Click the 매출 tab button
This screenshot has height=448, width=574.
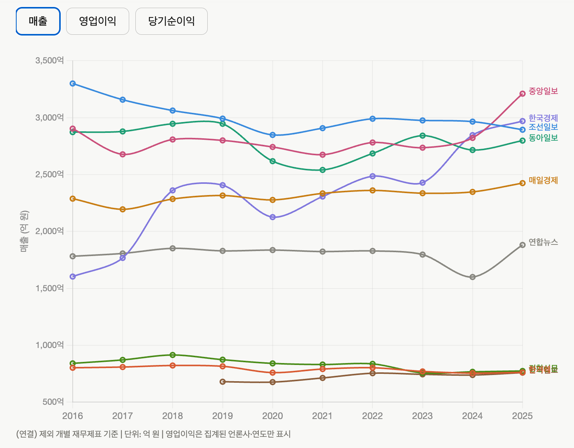(38, 21)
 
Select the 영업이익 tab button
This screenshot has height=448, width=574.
(97, 21)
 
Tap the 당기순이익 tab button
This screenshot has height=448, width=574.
(171, 21)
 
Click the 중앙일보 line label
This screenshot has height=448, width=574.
(543, 91)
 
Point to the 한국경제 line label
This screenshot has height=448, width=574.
(543, 118)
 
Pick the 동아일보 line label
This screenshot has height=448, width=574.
(543, 138)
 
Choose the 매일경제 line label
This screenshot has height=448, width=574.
(543, 180)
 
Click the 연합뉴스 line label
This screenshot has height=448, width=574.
(543, 242)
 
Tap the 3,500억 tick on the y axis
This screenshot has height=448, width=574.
(49, 61)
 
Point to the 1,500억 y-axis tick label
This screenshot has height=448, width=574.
(49, 288)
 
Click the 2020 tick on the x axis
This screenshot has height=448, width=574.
(272, 416)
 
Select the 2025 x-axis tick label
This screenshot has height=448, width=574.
(522, 416)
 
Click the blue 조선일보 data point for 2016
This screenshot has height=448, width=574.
(73, 83)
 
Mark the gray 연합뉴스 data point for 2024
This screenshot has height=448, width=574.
(472, 277)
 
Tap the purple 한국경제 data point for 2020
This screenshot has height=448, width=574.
(273, 217)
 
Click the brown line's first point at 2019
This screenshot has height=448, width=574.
(222, 382)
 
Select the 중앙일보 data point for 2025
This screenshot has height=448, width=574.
(522, 93)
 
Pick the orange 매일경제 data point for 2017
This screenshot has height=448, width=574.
(123, 209)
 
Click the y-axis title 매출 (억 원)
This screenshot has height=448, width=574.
(24, 231)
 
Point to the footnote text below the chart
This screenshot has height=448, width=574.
(153, 434)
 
